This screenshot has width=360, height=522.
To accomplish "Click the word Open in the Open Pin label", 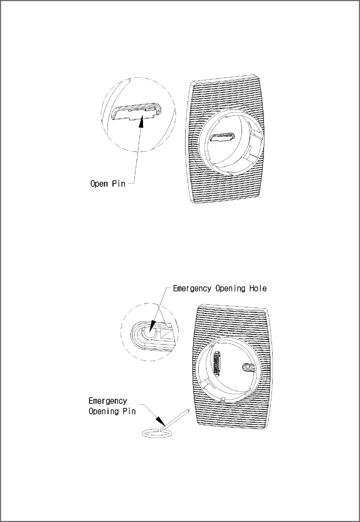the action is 99,183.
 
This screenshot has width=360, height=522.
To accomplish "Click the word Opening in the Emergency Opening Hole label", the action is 230,289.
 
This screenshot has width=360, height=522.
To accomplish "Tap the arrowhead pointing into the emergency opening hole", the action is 152,326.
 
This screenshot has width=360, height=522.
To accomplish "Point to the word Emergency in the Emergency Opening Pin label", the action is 108,401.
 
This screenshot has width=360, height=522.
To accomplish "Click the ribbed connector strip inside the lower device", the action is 217,363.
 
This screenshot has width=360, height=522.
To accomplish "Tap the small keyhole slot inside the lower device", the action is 248,367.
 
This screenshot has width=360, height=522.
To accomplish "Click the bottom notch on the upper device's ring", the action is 231,173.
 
